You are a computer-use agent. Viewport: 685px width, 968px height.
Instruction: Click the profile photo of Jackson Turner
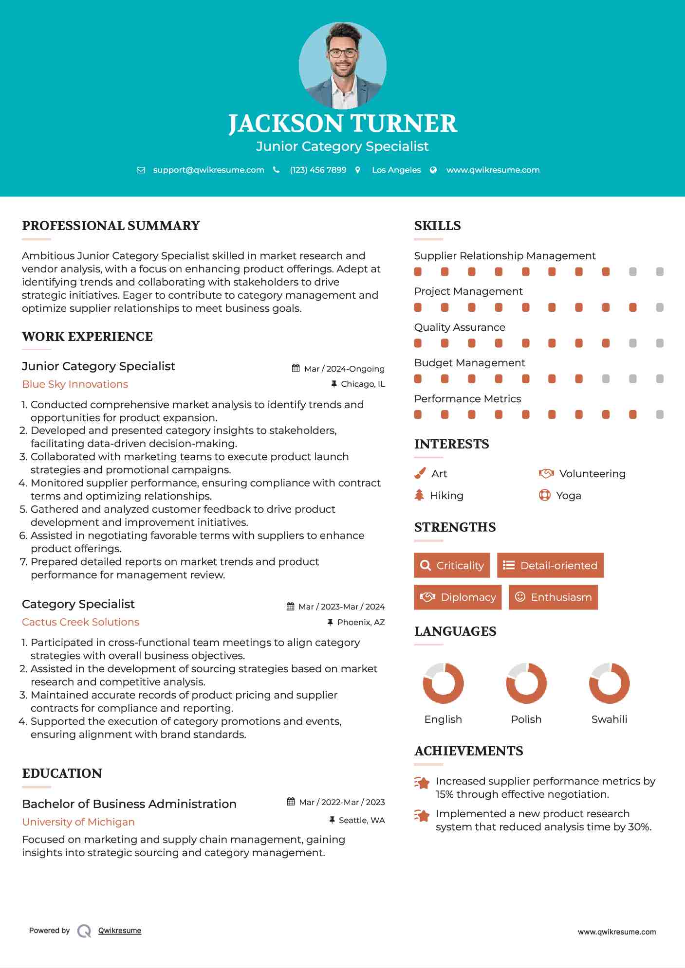pyautogui.click(x=342, y=65)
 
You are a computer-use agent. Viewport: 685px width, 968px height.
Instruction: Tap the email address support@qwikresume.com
pyautogui.click(x=208, y=170)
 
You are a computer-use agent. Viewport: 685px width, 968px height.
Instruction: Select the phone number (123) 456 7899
pyautogui.click(x=318, y=170)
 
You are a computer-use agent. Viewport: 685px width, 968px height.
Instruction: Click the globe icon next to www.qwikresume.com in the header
pyautogui.click(x=433, y=170)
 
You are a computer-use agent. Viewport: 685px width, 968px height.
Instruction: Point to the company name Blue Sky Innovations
pyautogui.click(x=75, y=384)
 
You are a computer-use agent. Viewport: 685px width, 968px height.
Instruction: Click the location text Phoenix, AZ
pyautogui.click(x=361, y=622)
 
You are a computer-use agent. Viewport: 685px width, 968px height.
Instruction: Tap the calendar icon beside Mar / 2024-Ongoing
pyautogui.click(x=296, y=368)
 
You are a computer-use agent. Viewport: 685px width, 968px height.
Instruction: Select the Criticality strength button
pyautogui.click(x=452, y=565)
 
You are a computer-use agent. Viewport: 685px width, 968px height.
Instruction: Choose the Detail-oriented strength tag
pyautogui.click(x=550, y=565)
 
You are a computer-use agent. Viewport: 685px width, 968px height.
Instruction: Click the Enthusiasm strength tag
pyautogui.click(x=553, y=597)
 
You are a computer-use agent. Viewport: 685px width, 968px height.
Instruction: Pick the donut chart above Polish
pyautogui.click(x=526, y=683)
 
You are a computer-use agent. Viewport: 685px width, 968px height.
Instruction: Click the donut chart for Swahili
pyautogui.click(x=609, y=683)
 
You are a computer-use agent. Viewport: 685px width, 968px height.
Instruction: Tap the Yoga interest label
pyautogui.click(x=569, y=496)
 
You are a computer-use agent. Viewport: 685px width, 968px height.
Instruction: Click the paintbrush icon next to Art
pyautogui.click(x=420, y=473)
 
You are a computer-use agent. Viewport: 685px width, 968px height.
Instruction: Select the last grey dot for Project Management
pyautogui.click(x=660, y=307)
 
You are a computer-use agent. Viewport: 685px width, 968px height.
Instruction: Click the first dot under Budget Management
pyautogui.click(x=418, y=379)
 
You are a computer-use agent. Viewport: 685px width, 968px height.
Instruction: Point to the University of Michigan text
pyautogui.click(x=78, y=822)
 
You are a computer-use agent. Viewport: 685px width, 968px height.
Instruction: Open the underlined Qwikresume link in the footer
pyautogui.click(x=120, y=931)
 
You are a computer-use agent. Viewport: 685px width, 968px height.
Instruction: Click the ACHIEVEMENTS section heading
pyautogui.click(x=468, y=751)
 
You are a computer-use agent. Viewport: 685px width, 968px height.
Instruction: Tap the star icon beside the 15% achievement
pyautogui.click(x=422, y=783)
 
